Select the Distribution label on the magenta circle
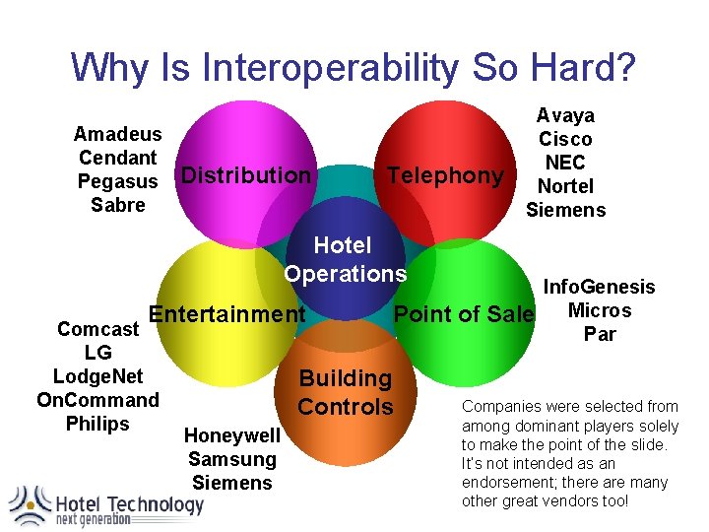[246, 175]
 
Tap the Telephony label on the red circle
[445, 175]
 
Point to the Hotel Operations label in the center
[344, 259]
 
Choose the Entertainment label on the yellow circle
[226, 314]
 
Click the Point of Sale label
[463, 314]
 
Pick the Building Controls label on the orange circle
[345, 392]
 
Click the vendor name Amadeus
[118, 134]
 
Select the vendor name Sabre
[118, 205]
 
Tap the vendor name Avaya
[565, 115]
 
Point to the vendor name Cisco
[565, 139]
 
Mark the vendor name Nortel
[565, 186]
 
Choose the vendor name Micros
[600, 310]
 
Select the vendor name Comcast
[97, 329]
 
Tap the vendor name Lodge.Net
[97, 376]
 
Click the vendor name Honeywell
[232, 435]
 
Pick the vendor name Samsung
[232, 459]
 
